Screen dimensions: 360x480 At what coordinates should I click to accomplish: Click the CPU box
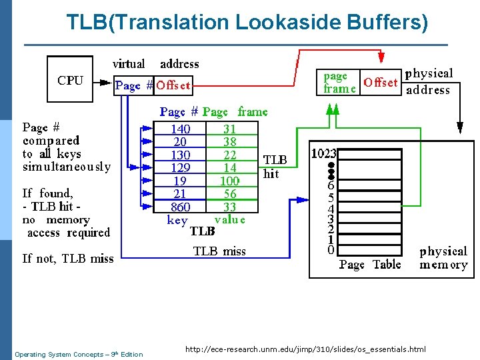pyautogui.click(x=71, y=80)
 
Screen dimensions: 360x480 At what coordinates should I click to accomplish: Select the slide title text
pyautogui.click(x=247, y=22)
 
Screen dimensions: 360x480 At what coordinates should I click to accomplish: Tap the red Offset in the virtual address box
pyautogui.click(x=173, y=85)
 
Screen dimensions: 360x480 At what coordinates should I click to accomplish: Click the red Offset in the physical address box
pyautogui.click(x=381, y=83)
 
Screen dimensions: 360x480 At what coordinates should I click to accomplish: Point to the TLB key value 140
pyautogui.click(x=180, y=129)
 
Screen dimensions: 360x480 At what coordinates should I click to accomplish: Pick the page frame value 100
pyautogui.click(x=229, y=181)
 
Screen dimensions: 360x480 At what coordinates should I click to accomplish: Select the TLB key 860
pyautogui.click(x=180, y=207)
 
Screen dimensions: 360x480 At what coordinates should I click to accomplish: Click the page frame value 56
pyautogui.click(x=229, y=194)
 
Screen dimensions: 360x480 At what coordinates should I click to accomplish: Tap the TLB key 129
pyautogui.click(x=180, y=168)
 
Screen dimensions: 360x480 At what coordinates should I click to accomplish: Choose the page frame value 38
pyautogui.click(x=229, y=142)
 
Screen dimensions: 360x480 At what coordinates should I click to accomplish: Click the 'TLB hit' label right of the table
pyautogui.click(x=275, y=167)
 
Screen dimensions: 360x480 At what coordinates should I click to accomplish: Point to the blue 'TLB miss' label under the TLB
pyautogui.click(x=219, y=251)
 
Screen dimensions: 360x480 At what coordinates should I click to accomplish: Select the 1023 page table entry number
pyautogui.click(x=324, y=153)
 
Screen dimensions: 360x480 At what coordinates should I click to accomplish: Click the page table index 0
pyautogui.click(x=331, y=250)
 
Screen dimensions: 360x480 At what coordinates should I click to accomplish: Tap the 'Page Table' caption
pyautogui.click(x=370, y=265)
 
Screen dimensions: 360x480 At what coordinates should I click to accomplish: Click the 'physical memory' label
pyautogui.click(x=443, y=258)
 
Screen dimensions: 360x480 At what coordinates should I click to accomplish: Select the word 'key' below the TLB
pyautogui.click(x=177, y=221)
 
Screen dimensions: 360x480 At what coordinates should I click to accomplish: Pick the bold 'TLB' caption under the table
pyautogui.click(x=202, y=231)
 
